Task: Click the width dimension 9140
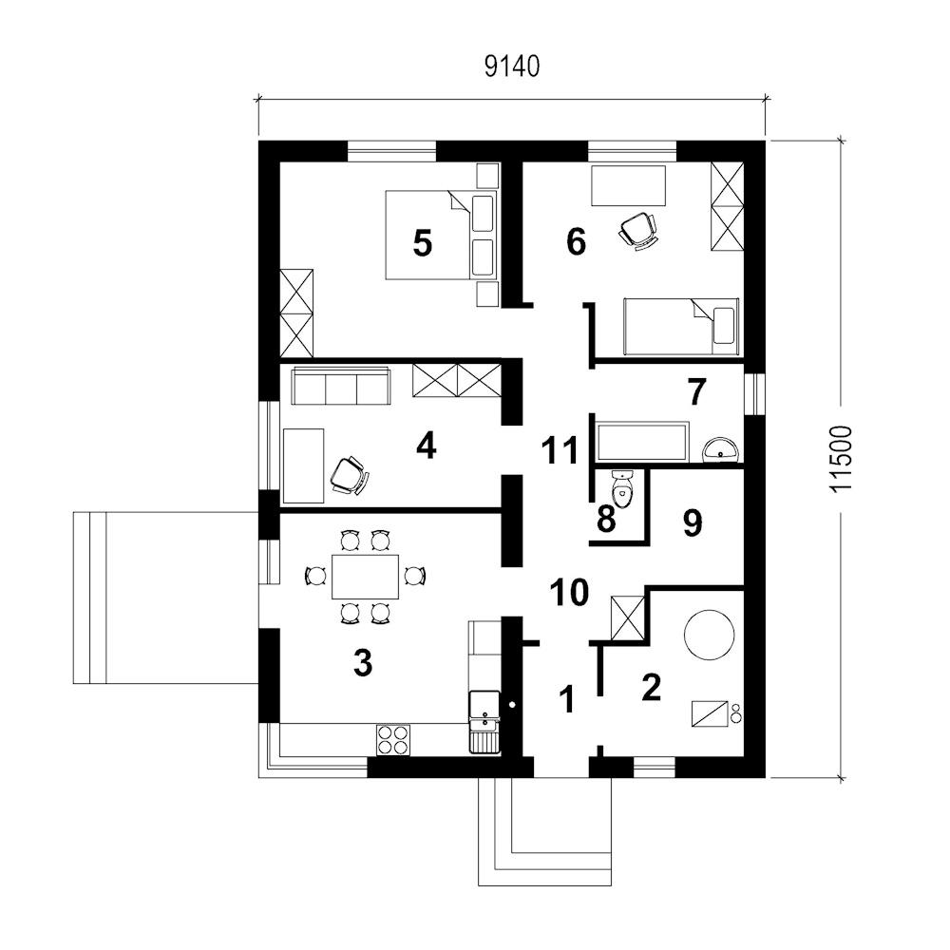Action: tap(512, 66)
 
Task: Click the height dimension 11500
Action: tap(841, 458)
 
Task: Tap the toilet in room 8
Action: tap(622, 487)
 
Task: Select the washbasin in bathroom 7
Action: tap(721, 449)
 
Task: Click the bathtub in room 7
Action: tap(643, 442)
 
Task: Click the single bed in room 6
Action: tap(681, 326)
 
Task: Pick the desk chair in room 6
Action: tap(637, 230)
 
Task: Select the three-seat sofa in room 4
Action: tap(341, 386)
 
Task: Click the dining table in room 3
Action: tap(366, 576)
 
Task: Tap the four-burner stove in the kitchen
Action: tap(393, 740)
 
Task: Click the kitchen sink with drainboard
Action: tap(484, 722)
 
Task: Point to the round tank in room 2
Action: tap(709, 635)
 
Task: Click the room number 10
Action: tap(569, 592)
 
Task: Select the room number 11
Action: tap(560, 450)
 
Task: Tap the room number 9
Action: tap(693, 522)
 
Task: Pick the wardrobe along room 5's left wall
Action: tap(296, 313)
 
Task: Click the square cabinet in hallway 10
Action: tap(628, 618)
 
